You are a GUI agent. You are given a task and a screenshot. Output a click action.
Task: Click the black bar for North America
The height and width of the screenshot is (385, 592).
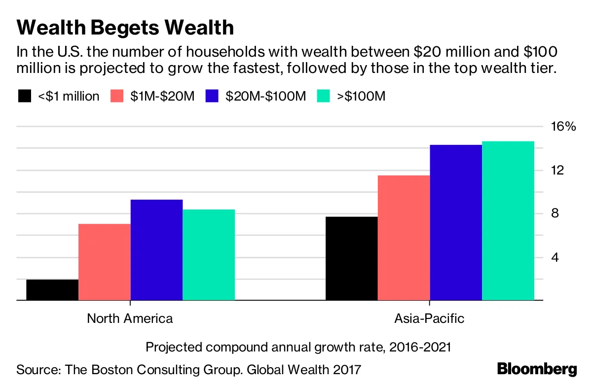52,290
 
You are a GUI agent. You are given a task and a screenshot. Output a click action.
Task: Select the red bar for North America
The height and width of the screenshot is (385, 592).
105,262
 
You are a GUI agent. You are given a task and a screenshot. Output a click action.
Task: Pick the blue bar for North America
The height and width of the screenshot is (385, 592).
156,250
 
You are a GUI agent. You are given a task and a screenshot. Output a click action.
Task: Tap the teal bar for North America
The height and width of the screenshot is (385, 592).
209,255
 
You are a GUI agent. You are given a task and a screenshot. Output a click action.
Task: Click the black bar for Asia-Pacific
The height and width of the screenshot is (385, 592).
352,258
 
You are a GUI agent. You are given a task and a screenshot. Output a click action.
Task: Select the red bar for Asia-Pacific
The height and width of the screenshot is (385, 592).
404,238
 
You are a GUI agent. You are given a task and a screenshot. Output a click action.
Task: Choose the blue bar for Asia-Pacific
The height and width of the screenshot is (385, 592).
456,222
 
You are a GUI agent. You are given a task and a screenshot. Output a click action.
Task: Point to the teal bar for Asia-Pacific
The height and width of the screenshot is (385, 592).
508,221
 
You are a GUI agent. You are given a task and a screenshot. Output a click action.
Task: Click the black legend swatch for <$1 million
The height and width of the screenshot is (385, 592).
25,96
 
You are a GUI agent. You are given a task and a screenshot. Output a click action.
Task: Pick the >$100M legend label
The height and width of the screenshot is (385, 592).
361,96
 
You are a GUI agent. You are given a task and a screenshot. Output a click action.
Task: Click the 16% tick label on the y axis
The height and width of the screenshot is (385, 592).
563,127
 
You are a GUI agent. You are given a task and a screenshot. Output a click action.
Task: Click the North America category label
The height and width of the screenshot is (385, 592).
130,318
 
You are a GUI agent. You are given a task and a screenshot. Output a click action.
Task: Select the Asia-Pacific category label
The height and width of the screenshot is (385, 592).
429,318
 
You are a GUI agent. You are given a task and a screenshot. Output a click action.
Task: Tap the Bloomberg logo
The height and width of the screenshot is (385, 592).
537,369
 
